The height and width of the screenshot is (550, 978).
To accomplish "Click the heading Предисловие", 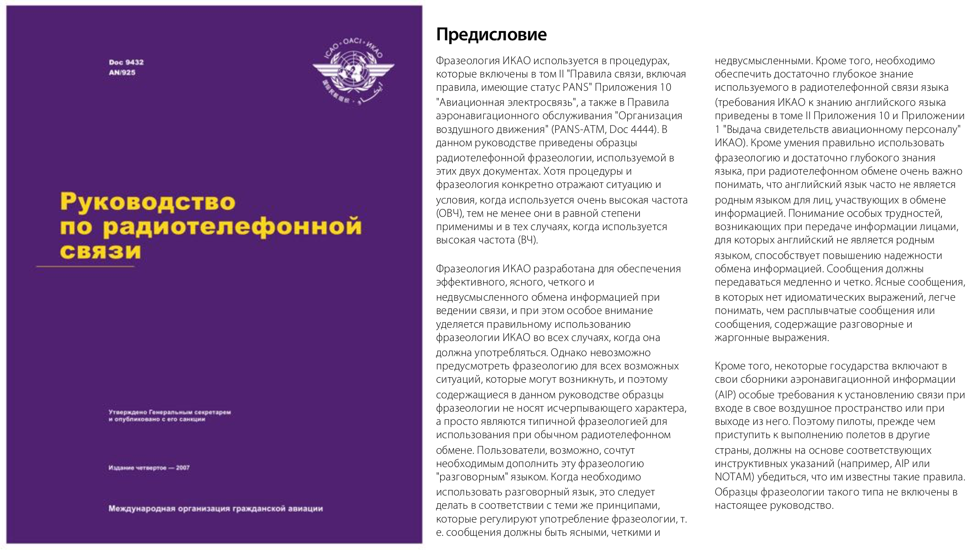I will [491, 34].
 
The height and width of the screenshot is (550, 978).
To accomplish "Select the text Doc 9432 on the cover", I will [126, 62].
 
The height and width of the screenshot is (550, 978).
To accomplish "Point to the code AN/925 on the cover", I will [122, 72].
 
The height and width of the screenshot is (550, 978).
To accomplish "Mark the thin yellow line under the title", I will [85, 266].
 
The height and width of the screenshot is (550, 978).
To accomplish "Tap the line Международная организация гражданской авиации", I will [215, 509].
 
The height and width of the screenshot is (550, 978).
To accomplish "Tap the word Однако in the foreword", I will [567, 352].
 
